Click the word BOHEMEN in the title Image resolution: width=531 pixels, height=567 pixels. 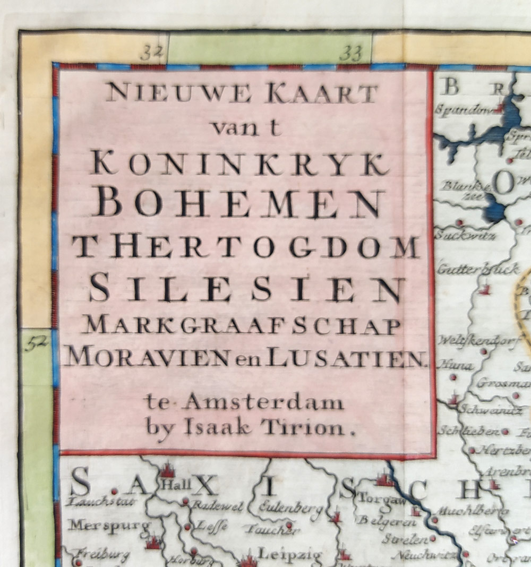click(241, 203)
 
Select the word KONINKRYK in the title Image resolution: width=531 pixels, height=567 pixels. click(239, 163)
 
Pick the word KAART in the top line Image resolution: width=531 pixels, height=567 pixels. click(322, 94)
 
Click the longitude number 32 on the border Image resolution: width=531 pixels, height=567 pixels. click(151, 53)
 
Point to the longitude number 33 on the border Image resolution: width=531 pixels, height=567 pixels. click(350, 53)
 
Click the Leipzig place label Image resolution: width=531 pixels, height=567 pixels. click(289, 555)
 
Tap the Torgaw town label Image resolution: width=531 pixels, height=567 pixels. click(378, 499)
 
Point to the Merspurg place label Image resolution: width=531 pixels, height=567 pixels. click(109, 525)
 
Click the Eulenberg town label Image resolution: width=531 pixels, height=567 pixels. click(290, 508)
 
